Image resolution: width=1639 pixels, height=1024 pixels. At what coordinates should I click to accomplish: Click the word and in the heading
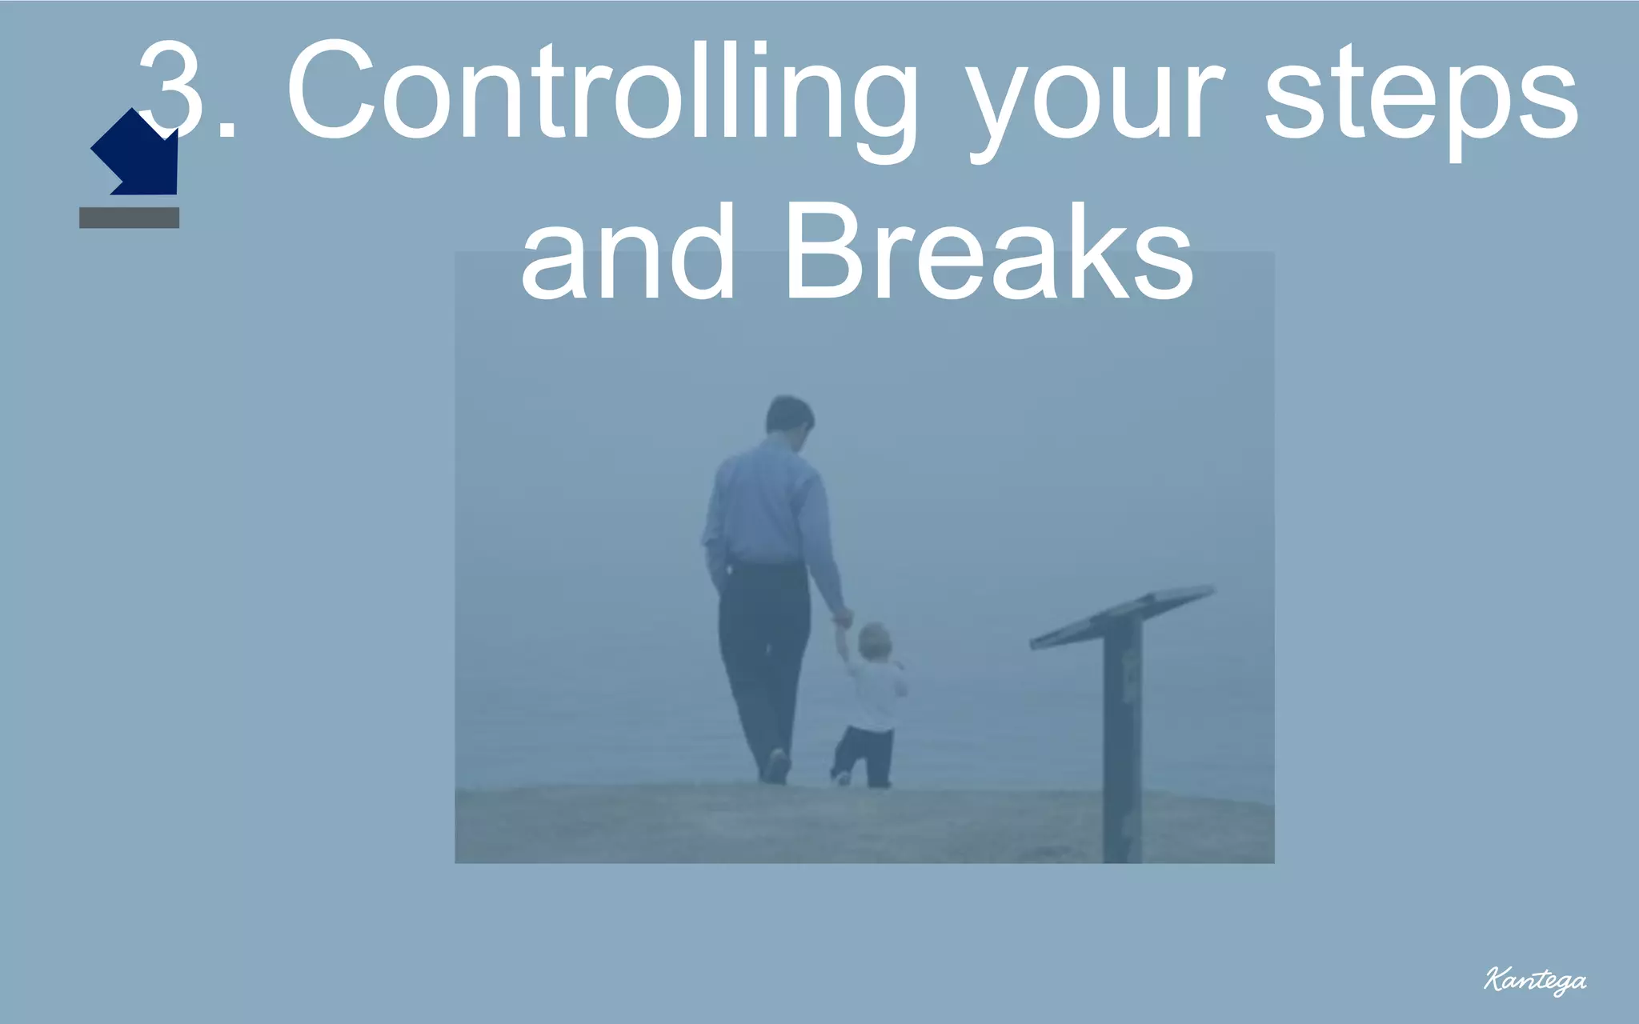(627, 254)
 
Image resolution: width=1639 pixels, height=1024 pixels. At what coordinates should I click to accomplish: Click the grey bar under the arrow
(129, 218)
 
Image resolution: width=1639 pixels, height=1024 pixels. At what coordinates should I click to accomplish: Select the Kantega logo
(1534, 980)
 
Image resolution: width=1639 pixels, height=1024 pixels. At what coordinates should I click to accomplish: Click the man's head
(789, 415)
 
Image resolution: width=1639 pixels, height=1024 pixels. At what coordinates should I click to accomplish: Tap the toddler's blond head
(874, 641)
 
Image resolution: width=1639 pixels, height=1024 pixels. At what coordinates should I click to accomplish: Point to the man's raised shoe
(775, 766)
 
